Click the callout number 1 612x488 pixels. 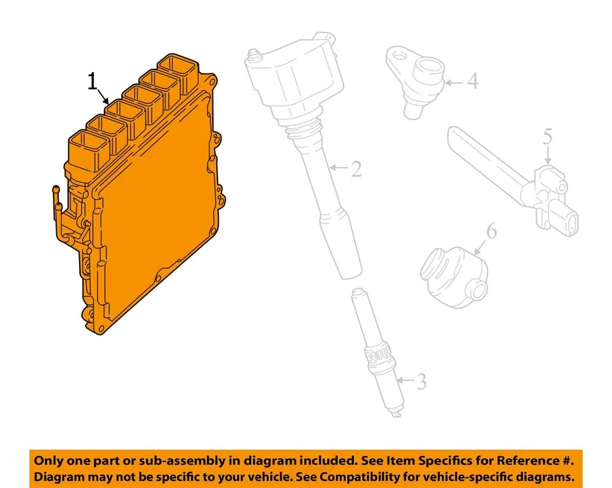click(93, 81)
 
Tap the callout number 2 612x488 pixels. click(356, 168)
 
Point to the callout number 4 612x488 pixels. click(472, 81)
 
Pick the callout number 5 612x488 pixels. click(548, 136)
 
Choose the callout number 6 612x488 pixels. click(491, 231)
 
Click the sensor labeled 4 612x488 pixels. click(418, 83)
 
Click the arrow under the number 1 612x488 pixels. click(103, 97)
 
